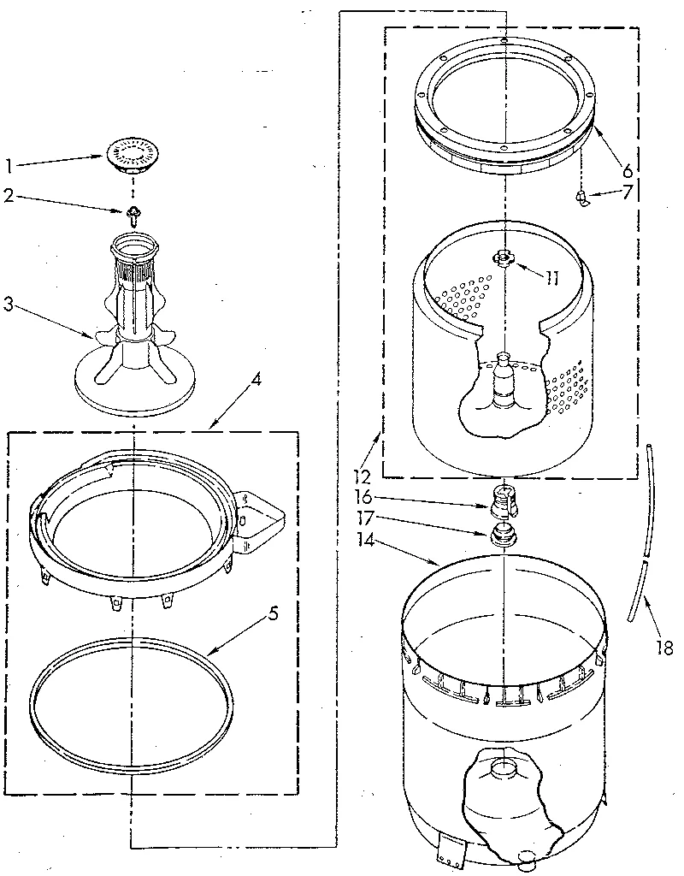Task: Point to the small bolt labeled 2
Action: point(133,213)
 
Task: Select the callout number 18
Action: point(663,650)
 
